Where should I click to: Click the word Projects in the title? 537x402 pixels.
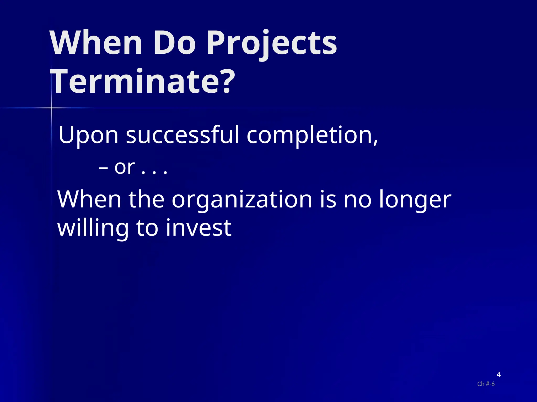(272, 43)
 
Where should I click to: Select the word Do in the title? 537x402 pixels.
(174, 43)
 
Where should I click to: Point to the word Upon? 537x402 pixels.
(88, 135)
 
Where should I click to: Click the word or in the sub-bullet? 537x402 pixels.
(125, 167)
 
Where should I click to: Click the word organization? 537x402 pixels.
(242, 199)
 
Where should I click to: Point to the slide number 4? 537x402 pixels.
(498, 375)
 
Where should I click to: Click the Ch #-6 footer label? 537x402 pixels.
(486, 384)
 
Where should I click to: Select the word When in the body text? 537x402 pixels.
(89, 199)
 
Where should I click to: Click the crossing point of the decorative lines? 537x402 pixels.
(51, 108)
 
